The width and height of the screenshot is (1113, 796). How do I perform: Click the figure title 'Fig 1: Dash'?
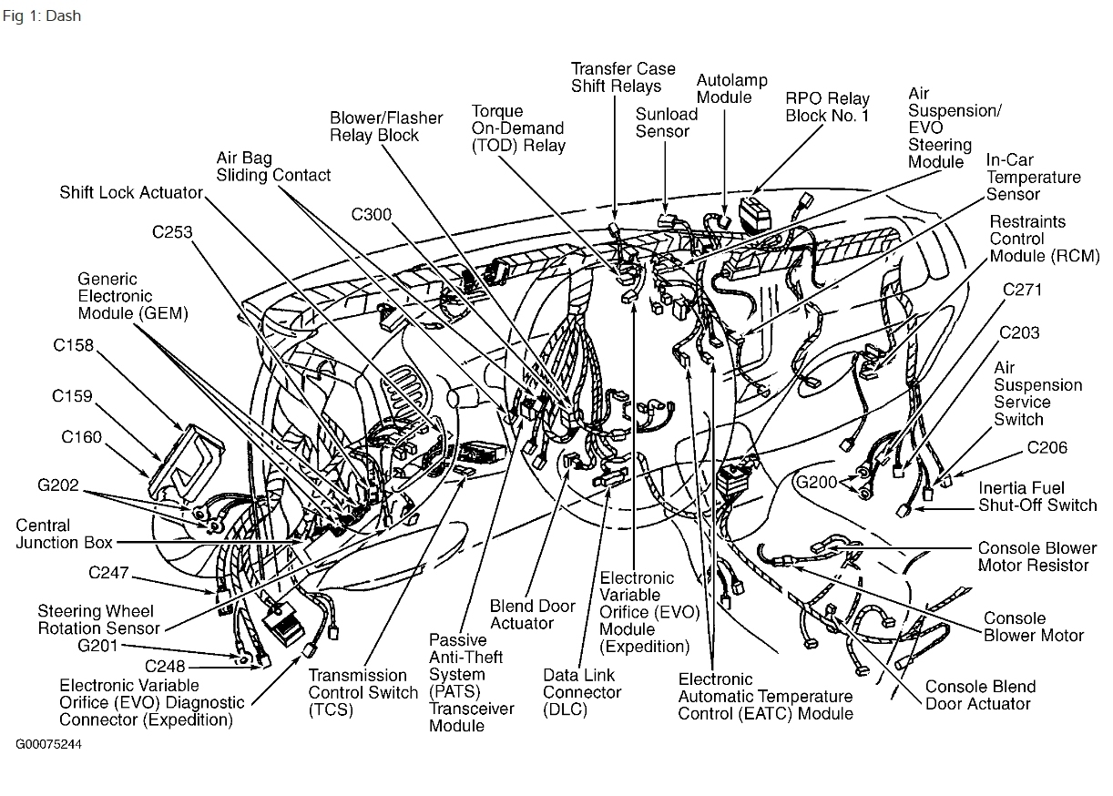42,15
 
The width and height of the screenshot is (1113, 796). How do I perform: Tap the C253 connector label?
172,232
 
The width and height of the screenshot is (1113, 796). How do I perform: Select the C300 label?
372,216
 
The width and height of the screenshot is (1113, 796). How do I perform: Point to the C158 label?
72,345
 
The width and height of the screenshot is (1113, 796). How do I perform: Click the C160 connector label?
82,437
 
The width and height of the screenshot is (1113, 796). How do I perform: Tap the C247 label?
108,573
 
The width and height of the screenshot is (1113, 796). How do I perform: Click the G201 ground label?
97,646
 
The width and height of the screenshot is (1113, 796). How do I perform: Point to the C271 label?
1021,291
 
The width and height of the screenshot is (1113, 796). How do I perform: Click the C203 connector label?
1019,332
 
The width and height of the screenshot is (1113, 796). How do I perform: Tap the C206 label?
1047,447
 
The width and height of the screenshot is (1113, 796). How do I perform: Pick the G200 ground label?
815,482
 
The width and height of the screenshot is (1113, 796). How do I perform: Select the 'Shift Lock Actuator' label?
131,192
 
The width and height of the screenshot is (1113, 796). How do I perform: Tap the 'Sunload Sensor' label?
667,123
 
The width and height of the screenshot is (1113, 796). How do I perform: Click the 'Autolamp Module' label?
724,87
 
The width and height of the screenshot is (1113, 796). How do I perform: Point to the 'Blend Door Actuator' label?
521,615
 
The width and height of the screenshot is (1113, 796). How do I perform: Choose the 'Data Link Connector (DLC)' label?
582,691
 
